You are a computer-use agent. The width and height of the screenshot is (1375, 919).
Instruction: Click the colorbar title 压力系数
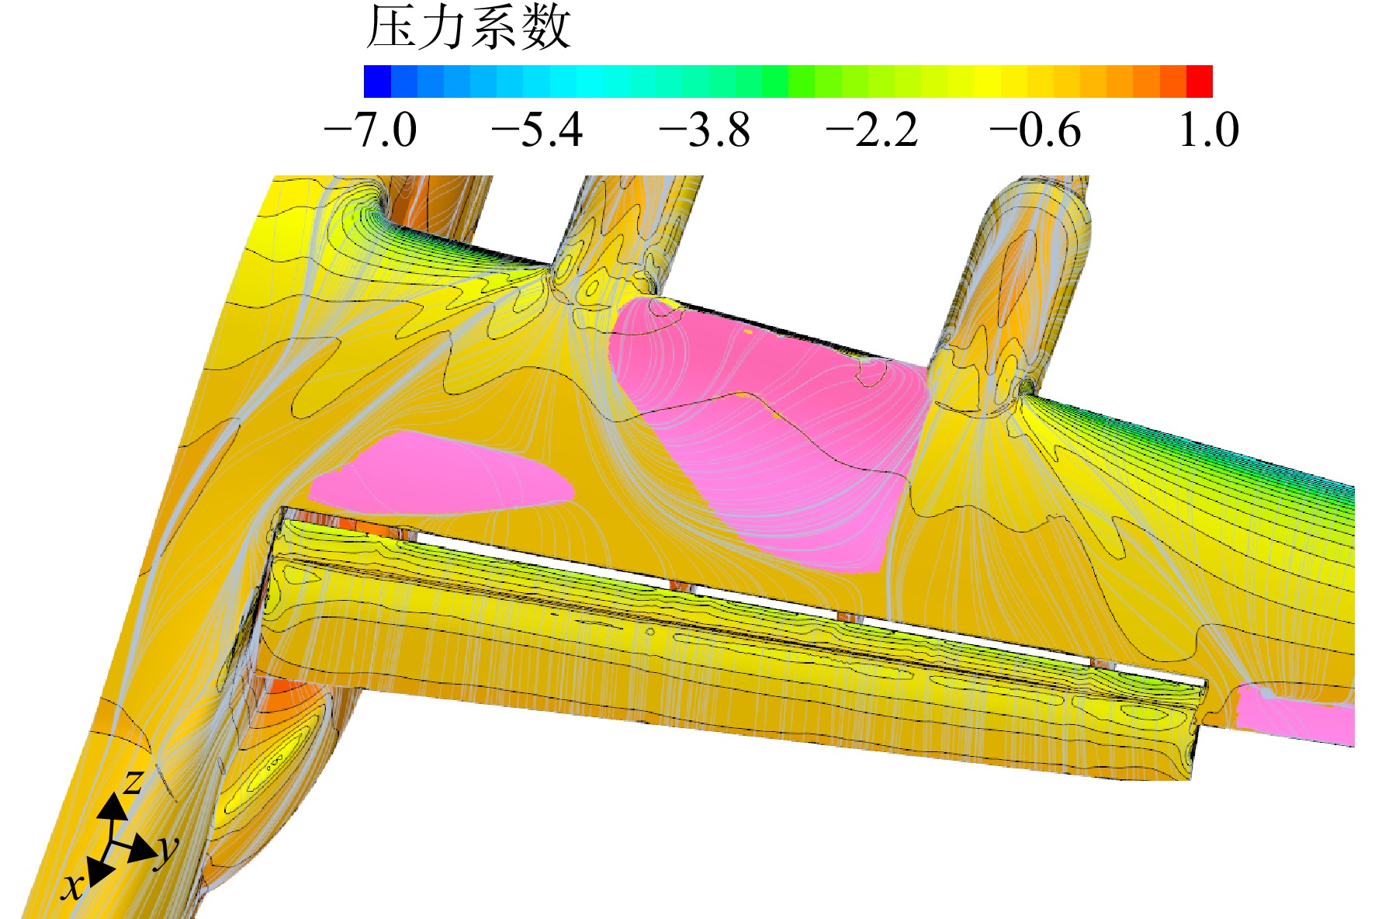[x=468, y=29]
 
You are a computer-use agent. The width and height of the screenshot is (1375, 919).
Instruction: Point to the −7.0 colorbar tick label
[x=370, y=130]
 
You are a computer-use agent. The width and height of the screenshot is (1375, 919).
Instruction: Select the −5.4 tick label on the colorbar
[x=537, y=130]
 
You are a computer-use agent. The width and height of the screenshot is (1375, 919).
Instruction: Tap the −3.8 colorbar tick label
[x=705, y=130]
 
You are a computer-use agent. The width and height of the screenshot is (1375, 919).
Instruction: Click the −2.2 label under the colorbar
[x=872, y=130]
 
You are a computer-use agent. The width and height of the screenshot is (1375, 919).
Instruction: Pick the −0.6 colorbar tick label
[x=1035, y=130]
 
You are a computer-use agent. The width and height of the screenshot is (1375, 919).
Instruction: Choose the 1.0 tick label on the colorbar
[x=1208, y=130]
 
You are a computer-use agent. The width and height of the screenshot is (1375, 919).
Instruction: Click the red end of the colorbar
[x=1200, y=81]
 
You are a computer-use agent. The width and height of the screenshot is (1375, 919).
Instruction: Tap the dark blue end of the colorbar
[x=377, y=81]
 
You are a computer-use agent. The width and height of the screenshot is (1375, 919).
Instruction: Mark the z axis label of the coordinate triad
[x=133, y=780]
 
